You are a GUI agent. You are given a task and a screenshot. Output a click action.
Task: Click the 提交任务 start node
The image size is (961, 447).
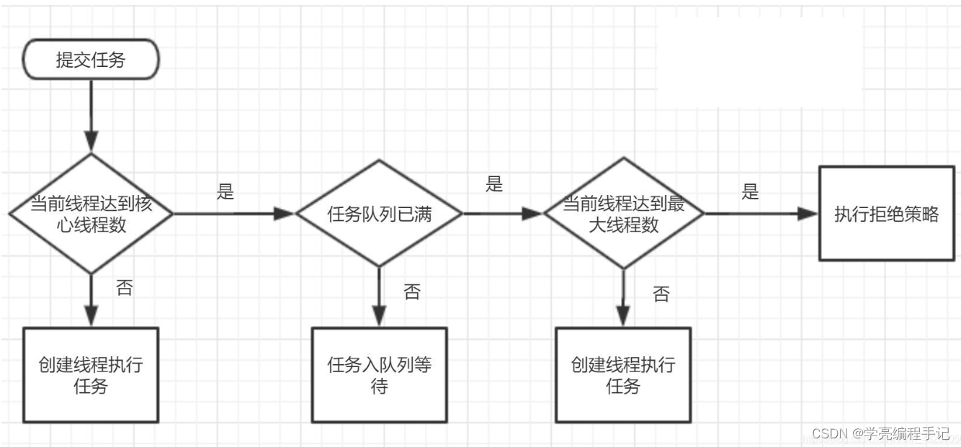91,60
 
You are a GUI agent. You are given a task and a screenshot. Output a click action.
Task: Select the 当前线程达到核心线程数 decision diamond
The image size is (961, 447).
91,214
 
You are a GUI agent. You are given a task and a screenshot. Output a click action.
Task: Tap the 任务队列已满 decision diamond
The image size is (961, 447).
379,214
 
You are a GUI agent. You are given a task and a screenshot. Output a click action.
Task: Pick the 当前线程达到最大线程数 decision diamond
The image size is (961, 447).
623,214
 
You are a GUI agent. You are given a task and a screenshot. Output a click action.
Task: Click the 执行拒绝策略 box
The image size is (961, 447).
887,214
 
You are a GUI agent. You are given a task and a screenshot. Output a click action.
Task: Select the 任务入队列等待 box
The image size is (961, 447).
379,374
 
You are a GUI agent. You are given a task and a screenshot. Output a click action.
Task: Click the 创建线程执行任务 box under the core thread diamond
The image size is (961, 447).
91,374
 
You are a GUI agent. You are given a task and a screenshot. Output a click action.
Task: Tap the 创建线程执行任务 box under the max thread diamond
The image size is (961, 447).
623,374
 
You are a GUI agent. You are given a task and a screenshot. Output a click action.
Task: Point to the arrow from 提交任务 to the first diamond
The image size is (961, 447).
91,115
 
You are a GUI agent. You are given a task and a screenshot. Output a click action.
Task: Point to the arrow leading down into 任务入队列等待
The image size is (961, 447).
379,299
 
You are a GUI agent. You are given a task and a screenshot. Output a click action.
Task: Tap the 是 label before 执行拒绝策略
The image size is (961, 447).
751,192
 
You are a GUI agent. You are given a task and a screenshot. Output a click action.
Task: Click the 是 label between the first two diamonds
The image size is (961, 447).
225,192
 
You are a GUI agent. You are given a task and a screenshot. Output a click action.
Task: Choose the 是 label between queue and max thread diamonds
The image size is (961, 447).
493,184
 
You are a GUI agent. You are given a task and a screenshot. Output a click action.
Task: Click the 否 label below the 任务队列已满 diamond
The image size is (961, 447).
411,292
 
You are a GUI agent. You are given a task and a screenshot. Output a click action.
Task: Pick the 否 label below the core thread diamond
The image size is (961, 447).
124,288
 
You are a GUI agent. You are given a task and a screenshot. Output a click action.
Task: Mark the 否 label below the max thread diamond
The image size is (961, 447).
661,294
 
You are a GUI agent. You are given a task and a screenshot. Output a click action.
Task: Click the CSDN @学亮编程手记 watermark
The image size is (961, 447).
880,433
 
